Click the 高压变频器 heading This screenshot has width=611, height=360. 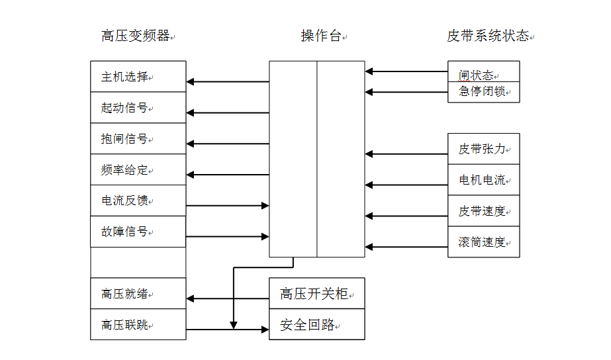pos(136,36)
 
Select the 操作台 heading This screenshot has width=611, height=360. pos(321,36)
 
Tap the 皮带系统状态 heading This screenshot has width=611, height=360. pos(488,36)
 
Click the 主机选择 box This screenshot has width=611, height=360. pos(138,77)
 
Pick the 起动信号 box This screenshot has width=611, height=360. pos(138,108)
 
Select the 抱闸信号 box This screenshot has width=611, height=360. pos(138,139)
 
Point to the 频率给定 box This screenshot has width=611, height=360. pos(138,170)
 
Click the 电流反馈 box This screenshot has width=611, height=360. pos(138,201)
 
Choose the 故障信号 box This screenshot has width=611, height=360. pos(138,232)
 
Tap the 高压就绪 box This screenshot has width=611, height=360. pos(138,293)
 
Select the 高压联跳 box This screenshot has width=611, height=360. pos(138,324)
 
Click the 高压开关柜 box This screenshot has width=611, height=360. pos(316,293)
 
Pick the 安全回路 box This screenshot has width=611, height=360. pos(316,324)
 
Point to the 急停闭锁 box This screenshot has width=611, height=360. pos(483,92)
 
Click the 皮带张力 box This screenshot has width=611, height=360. pos(483,149)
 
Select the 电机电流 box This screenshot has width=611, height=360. pos(483,180)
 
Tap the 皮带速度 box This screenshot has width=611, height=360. pos(483,211)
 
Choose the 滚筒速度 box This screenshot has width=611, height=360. pos(483,242)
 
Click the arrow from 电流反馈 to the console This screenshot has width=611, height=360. pos(227,206)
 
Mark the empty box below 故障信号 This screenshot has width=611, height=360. pos(138,263)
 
